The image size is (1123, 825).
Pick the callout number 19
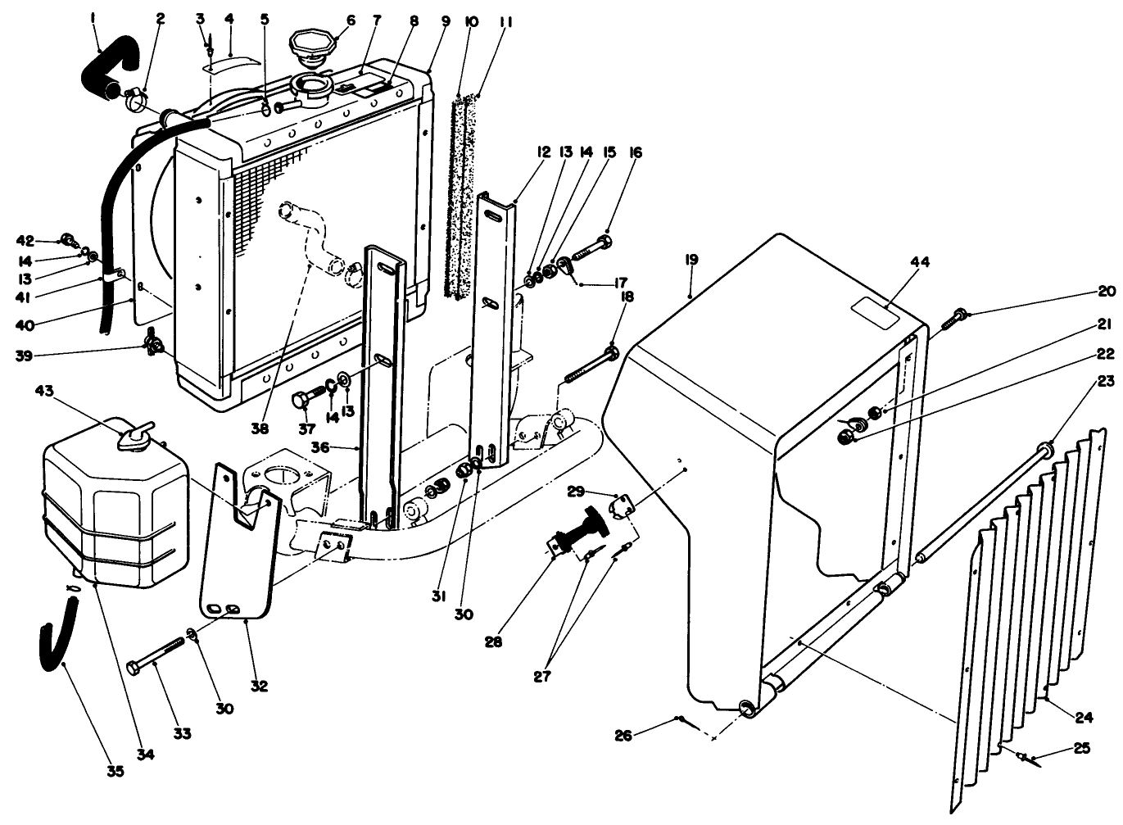[691, 260]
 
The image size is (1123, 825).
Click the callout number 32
[259, 687]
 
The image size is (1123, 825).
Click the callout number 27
[542, 677]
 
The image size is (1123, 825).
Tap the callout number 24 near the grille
[1084, 718]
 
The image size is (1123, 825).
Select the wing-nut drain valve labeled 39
[153, 344]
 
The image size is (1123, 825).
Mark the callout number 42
[26, 240]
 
